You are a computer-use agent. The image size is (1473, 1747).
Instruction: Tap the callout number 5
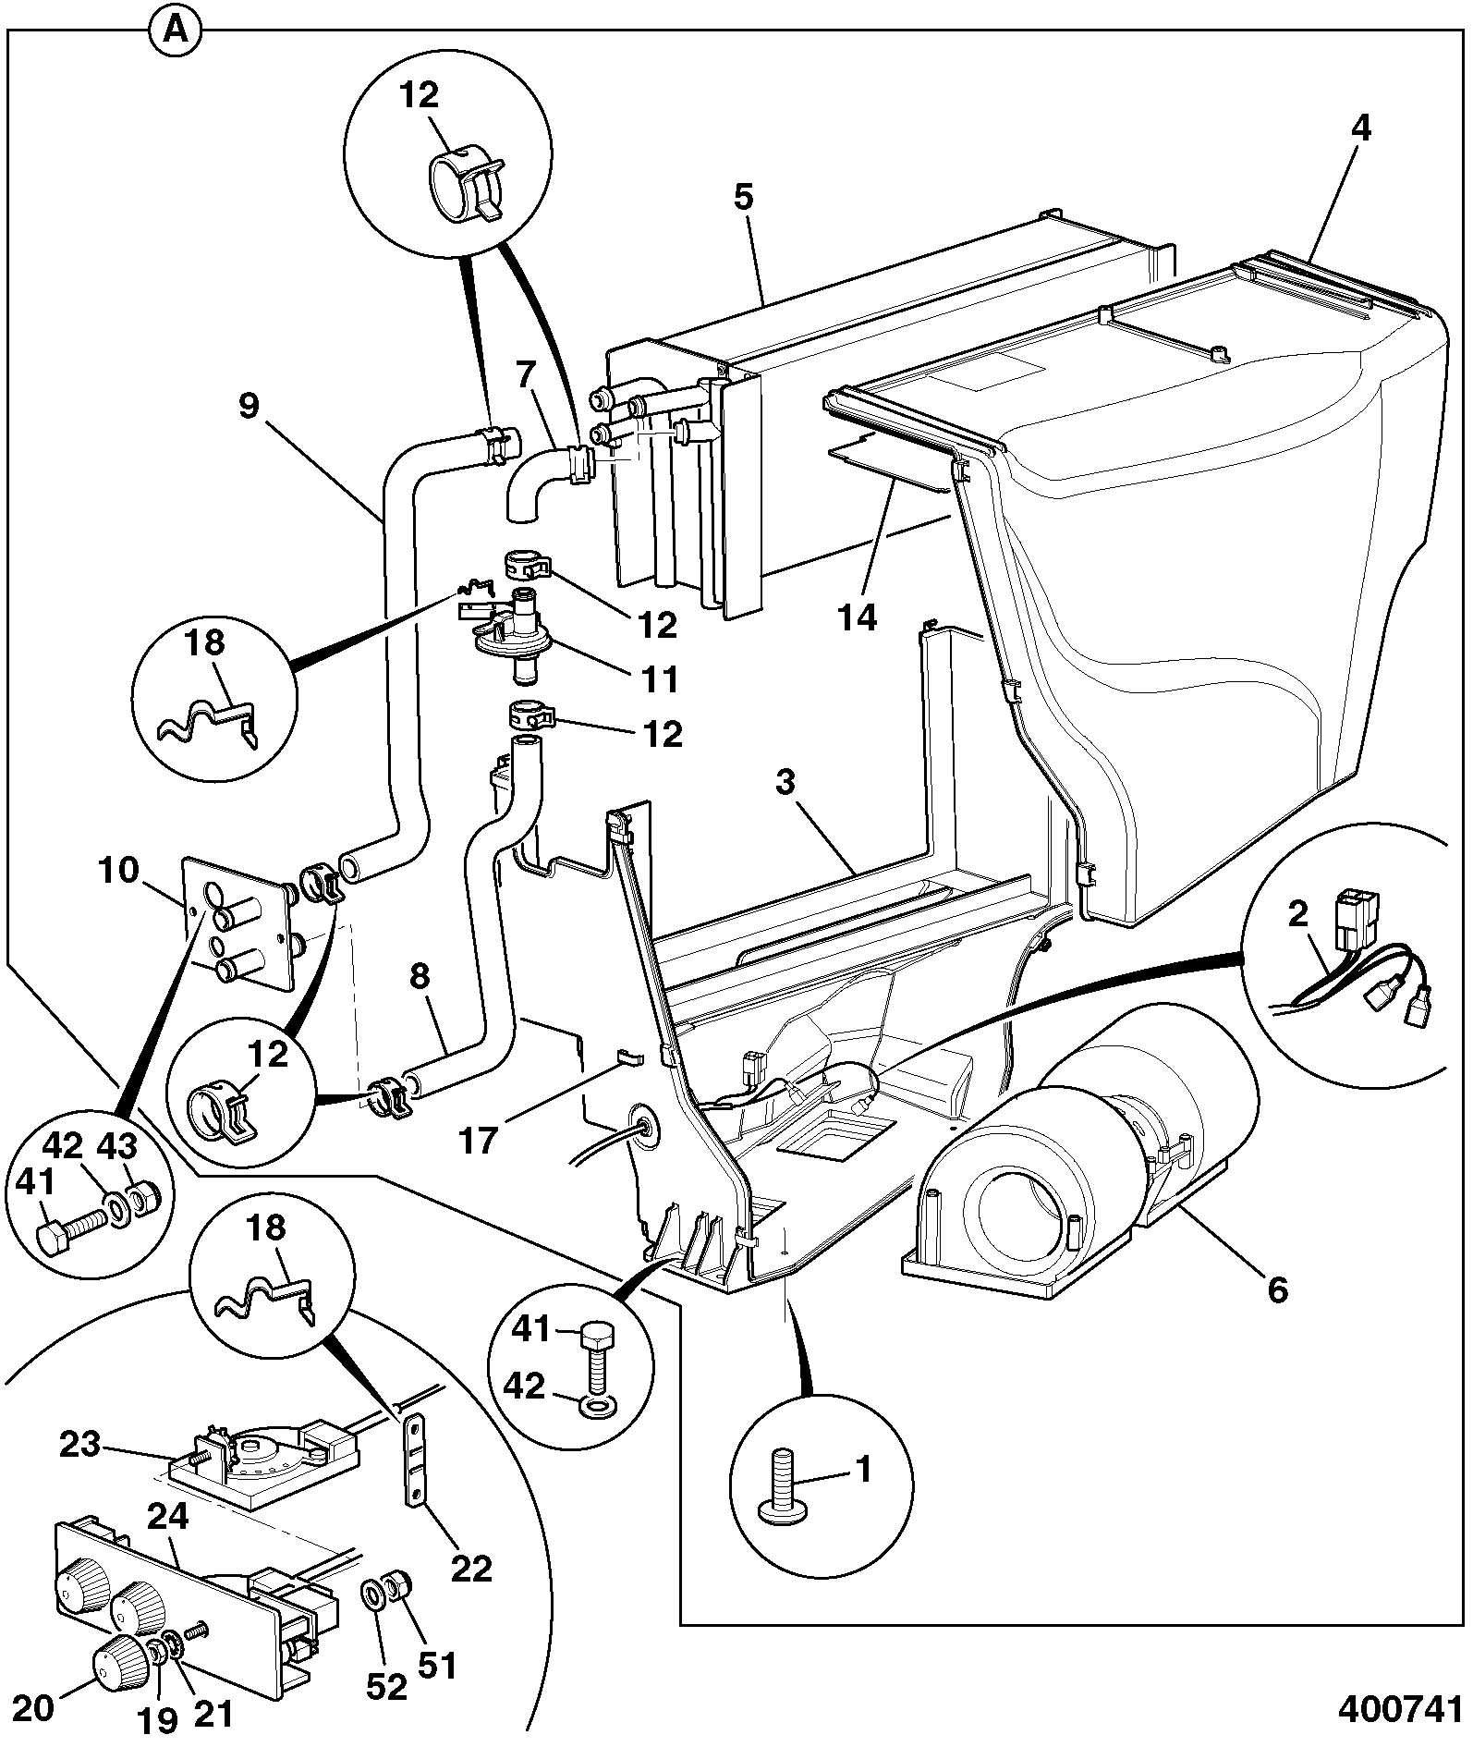[x=745, y=196]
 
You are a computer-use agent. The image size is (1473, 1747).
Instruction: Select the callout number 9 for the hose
[x=249, y=407]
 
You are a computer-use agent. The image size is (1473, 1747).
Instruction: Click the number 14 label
[x=857, y=616]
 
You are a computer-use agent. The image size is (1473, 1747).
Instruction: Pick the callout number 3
[x=785, y=784]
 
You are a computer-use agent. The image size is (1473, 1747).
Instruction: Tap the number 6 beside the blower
[x=1277, y=1289]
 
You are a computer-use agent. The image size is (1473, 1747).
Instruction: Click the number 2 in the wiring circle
[x=1298, y=914]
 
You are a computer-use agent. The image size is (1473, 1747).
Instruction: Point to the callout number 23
[x=79, y=1445]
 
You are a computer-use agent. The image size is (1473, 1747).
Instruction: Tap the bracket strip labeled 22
[x=416, y=1459]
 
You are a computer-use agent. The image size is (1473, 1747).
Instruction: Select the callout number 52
[x=385, y=1688]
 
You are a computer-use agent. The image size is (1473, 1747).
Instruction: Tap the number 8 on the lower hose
[x=420, y=978]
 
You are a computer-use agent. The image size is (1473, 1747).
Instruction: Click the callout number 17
[x=479, y=1140]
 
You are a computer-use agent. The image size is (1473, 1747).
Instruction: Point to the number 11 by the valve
[x=657, y=679]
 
